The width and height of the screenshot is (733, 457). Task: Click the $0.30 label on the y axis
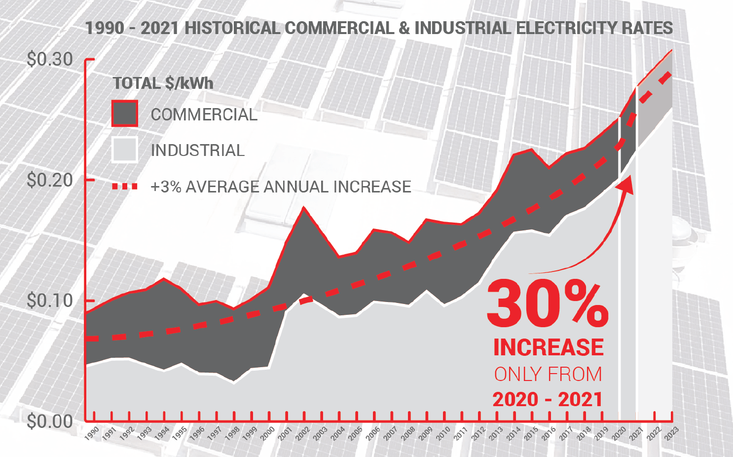[49, 59]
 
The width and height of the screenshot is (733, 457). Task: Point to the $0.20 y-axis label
[49, 180]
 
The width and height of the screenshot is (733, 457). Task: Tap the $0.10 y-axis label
[49, 301]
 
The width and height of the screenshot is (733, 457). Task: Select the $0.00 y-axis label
[49, 421]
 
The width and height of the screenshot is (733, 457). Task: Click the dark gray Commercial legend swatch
[124, 114]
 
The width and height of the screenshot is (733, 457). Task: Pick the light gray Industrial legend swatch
[124, 150]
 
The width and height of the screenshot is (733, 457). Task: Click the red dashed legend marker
[124, 187]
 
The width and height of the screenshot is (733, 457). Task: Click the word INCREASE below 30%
[549, 347]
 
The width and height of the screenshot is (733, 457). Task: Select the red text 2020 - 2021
[548, 399]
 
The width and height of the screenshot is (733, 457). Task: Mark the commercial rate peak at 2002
[304, 207]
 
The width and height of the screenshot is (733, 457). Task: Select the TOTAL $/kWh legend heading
[163, 83]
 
